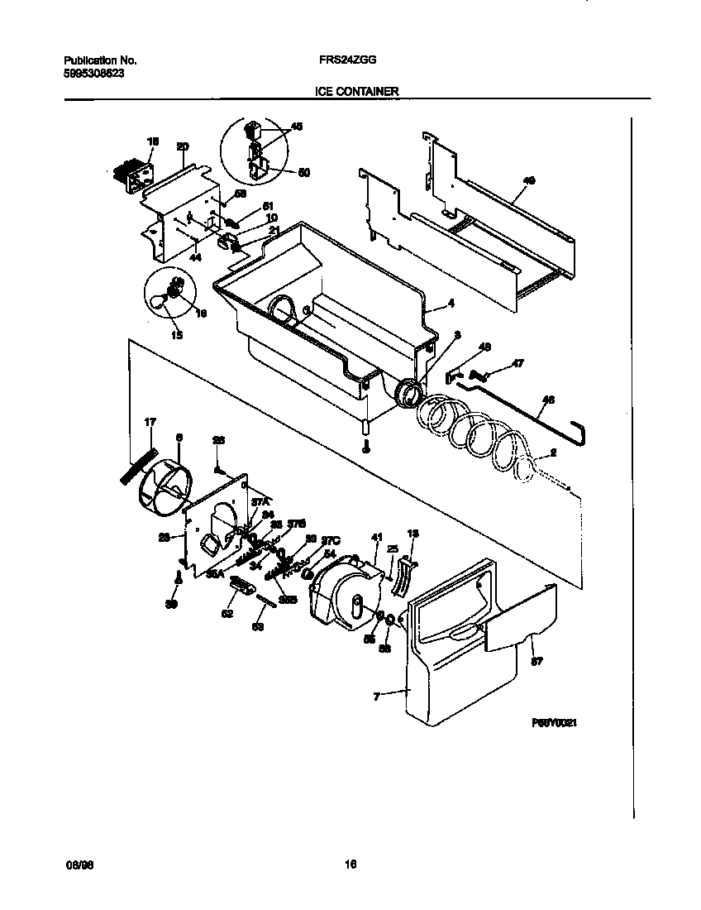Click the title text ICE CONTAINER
(357, 93)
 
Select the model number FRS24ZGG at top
(343, 60)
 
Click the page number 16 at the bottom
(350, 864)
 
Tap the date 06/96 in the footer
(76, 864)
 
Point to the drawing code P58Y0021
(554, 722)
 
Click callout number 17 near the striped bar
(150, 423)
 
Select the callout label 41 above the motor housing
(378, 537)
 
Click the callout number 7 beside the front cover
(376, 697)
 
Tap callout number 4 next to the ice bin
(451, 304)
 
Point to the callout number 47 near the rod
(518, 363)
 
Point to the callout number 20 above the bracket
(183, 146)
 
